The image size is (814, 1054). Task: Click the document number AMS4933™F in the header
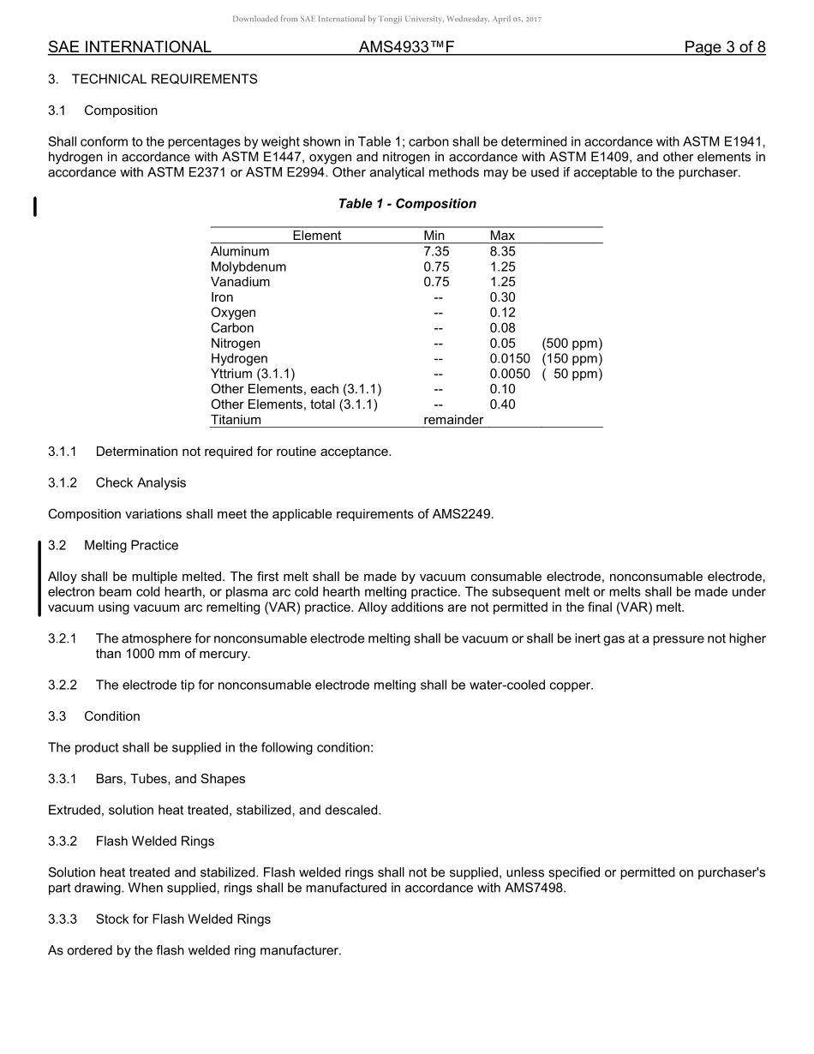coord(406,47)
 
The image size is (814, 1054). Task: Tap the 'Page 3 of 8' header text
coord(724,47)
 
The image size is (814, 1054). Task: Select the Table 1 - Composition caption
coord(407,204)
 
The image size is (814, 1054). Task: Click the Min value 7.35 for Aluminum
coord(436,252)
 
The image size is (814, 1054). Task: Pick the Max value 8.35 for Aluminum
coord(502,252)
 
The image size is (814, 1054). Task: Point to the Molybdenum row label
coord(248,267)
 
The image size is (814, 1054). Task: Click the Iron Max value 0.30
coord(502,297)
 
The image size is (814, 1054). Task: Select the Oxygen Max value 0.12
coord(502,313)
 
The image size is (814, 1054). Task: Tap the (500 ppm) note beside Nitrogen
coord(572,344)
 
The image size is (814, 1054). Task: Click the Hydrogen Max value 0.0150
coord(510,359)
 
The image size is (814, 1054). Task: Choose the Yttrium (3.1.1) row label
coord(253,374)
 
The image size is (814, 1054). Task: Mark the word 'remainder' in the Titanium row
coord(453,420)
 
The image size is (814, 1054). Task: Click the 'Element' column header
coord(316,236)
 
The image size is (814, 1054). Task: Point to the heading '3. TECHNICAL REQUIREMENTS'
coord(153,79)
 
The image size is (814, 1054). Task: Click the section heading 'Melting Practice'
coord(131,546)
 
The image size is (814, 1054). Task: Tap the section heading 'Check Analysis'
coord(141,483)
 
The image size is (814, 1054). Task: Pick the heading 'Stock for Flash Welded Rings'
coord(183,919)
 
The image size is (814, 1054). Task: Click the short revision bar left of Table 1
coord(34,207)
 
